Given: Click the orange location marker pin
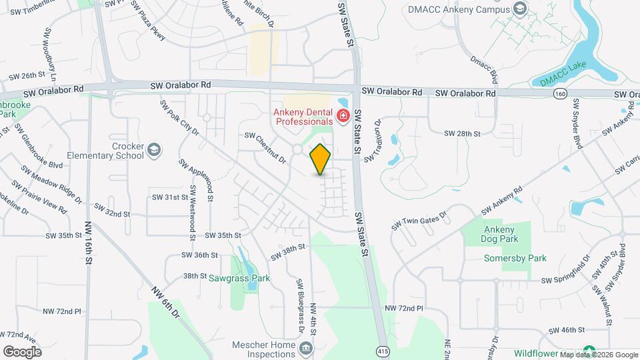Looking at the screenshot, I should point(321,159).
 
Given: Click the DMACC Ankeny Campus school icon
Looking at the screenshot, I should point(521,9).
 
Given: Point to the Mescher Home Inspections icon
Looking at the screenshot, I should point(306,347).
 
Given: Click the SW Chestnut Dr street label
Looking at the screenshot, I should point(265,147).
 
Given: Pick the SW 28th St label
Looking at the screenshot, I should point(460,134).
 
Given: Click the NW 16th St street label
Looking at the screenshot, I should point(88,243).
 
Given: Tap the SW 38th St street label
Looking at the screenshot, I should point(287,252).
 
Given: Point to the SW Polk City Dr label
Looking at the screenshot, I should point(179,118).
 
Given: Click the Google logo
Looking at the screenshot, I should point(22,351).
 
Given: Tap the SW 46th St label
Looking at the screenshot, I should point(566,330).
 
